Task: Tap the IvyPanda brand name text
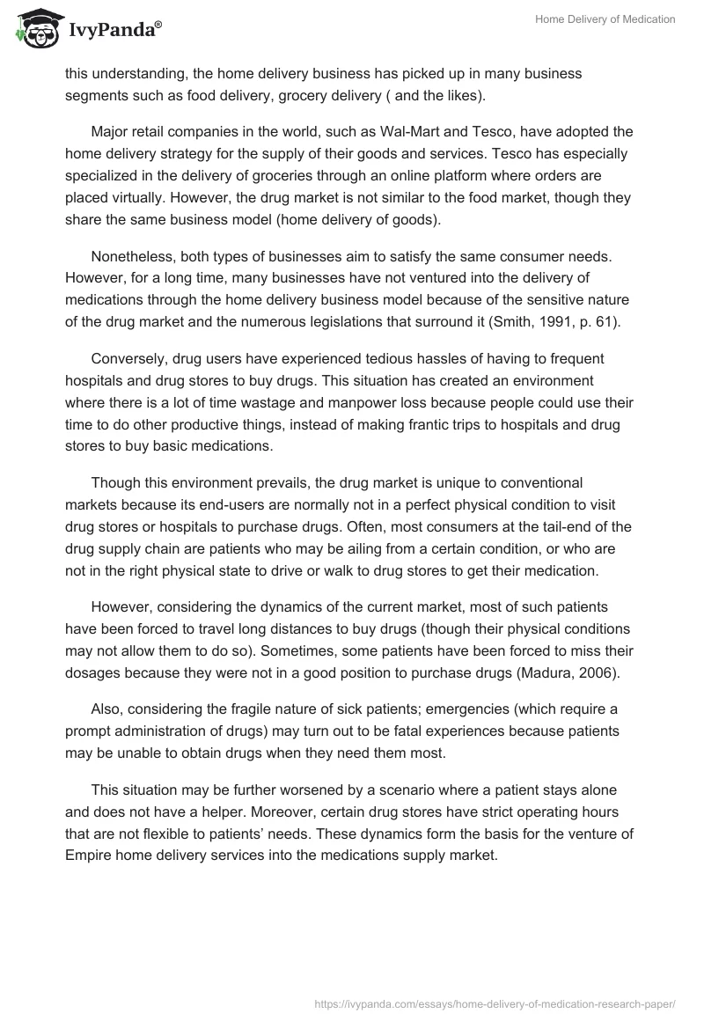point(111,30)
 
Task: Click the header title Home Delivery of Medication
point(605,19)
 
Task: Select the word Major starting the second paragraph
point(111,132)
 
